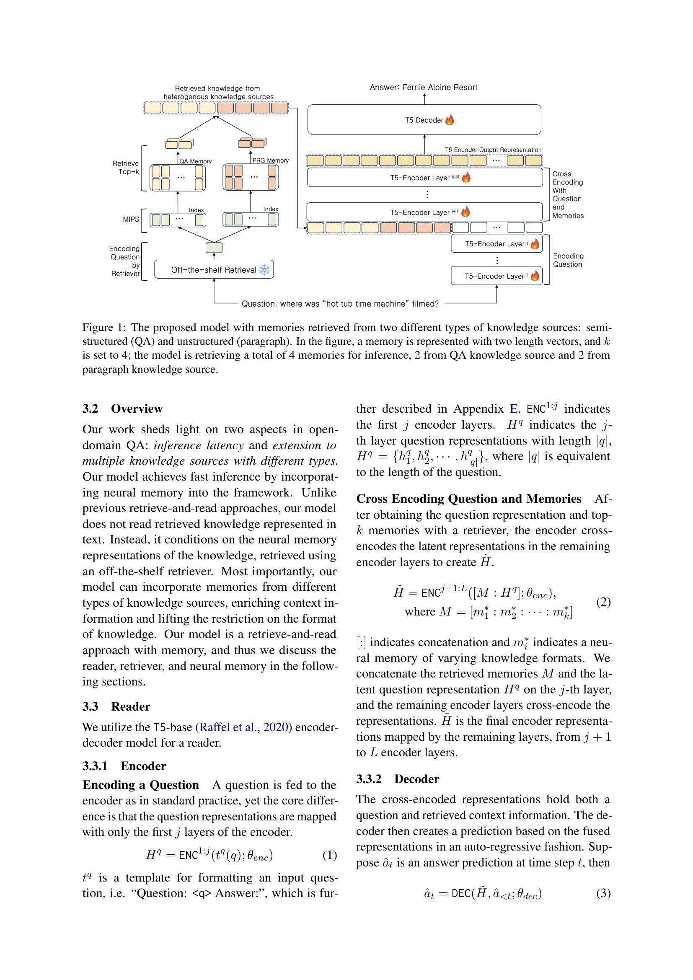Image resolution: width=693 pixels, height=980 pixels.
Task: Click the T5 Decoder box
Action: [424, 120]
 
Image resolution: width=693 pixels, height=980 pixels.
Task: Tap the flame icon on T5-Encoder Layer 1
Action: [534, 276]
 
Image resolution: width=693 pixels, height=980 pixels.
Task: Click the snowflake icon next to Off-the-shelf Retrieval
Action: [264, 270]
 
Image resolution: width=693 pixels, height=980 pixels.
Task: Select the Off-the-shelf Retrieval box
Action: [214, 270]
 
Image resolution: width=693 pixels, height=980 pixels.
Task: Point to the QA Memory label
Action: [195, 161]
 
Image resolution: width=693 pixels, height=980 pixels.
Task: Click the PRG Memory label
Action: [271, 160]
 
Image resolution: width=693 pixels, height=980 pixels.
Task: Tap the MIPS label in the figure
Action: [131, 220]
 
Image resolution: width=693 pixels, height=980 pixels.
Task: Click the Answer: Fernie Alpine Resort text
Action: [423, 88]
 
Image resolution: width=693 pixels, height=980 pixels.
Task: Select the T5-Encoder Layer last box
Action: [424, 178]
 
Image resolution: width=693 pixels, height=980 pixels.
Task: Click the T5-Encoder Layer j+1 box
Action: [424, 212]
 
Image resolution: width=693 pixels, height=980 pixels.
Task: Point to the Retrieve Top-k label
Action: [126, 167]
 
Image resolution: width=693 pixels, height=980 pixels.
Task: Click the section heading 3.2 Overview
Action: [122, 409]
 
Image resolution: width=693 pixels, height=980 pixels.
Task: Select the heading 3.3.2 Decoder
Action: [397, 779]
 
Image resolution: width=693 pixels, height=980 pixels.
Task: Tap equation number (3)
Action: [603, 893]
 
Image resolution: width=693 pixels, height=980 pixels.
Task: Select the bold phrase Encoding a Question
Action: [141, 785]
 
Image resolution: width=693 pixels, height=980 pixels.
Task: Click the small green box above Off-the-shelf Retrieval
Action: [214, 248]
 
